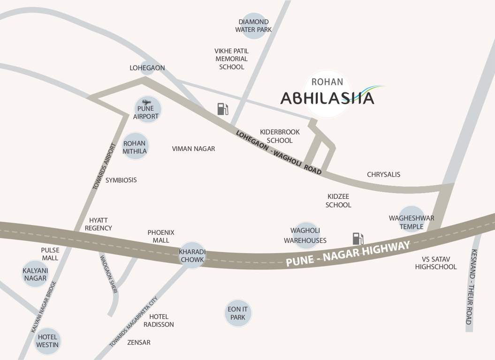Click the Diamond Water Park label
click(x=253, y=26)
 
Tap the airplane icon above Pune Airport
click(x=146, y=102)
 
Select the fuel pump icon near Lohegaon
click(x=222, y=109)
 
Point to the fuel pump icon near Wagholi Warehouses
click(x=358, y=239)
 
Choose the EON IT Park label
click(x=238, y=313)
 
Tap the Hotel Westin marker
click(x=48, y=341)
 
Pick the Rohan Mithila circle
click(x=135, y=147)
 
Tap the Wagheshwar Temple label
click(x=411, y=222)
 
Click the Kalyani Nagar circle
click(x=35, y=274)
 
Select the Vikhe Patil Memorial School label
click(x=231, y=59)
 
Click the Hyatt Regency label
click(x=99, y=224)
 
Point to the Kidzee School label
click(x=338, y=200)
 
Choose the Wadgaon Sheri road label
click(x=108, y=274)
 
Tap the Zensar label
click(x=139, y=343)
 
